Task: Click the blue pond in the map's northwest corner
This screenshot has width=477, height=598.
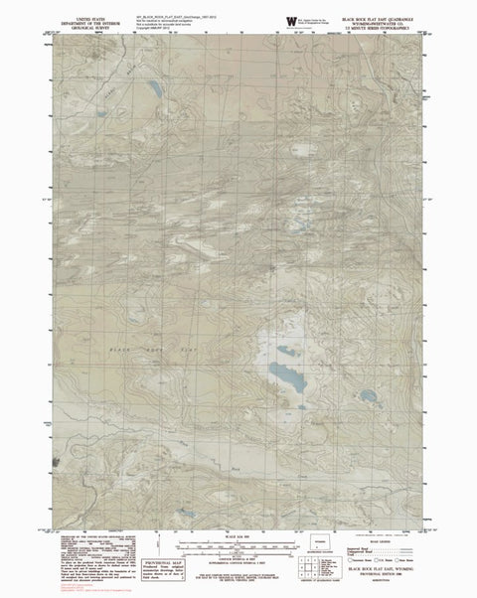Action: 156,90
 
